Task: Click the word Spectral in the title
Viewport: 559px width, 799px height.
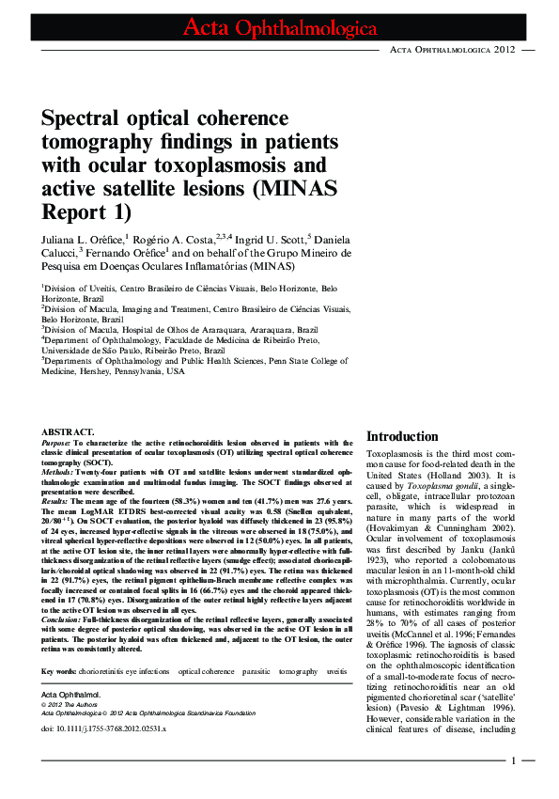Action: (85, 119)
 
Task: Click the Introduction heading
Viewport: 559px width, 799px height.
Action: (401, 436)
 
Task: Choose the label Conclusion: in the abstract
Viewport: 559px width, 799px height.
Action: (63, 620)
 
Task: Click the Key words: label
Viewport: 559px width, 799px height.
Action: (58, 671)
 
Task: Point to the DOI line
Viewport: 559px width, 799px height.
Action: (103, 728)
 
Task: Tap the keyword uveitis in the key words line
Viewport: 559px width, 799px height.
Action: (336, 671)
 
